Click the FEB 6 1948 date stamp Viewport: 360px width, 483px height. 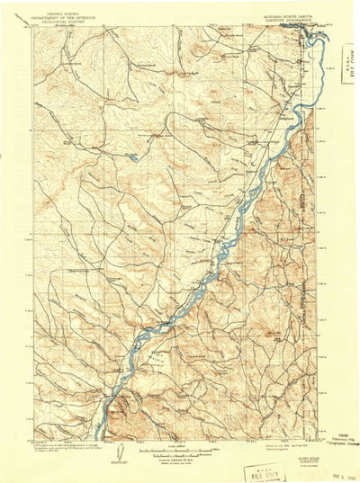tap(343, 468)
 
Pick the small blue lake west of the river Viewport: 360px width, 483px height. tap(131, 160)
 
